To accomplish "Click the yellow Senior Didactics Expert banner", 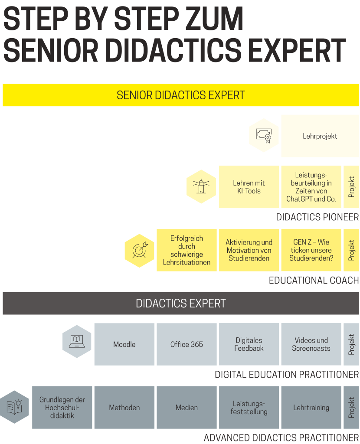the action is (x=181, y=95).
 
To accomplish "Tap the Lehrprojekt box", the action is (x=320, y=136).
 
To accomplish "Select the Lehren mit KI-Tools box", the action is (x=249, y=187).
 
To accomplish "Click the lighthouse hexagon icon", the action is (x=201, y=186).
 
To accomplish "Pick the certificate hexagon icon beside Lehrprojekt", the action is (x=264, y=135).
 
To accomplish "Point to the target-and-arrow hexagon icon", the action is (x=139, y=251).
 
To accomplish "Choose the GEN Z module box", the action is (x=311, y=250).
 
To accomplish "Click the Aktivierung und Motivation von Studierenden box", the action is (x=249, y=250).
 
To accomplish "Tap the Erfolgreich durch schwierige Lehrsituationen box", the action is (x=187, y=250).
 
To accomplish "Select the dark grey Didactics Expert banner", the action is (x=181, y=303).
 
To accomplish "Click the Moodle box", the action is (x=124, y=344).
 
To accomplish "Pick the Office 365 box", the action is (x=187, y=344).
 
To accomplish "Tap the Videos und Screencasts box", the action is (x=311, y=344).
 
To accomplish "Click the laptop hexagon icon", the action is (x=77, y=342).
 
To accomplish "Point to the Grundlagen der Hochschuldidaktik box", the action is (x=62, y=408).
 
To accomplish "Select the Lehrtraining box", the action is (x=311, y=408).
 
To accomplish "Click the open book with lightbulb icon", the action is (x=14, y=407).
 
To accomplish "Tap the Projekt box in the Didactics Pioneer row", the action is (x=351, y=187).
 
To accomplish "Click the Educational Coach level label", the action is (x=314, y=281).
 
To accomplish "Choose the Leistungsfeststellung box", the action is (x=249, y=408).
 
